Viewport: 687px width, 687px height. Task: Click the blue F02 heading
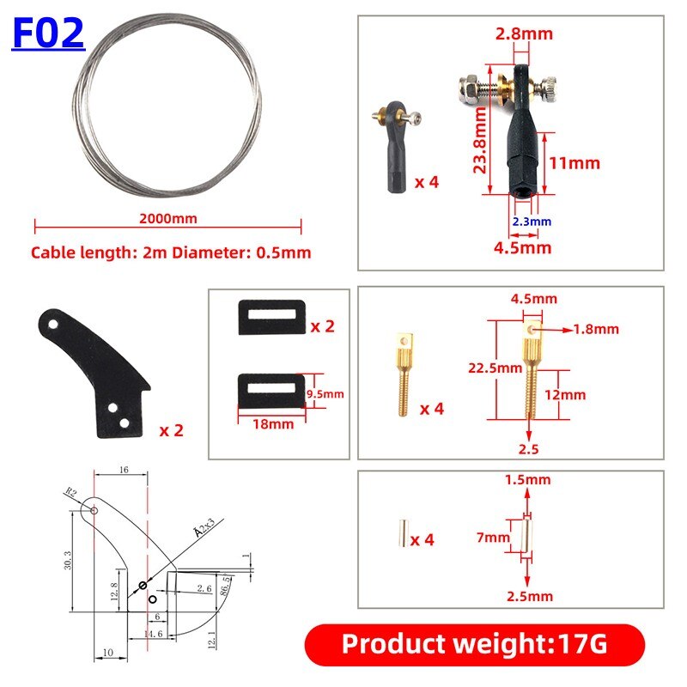tap(48, 33)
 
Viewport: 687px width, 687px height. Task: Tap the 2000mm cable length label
tap(167, 218)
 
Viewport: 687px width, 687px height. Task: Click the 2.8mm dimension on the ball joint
tap(524, 33)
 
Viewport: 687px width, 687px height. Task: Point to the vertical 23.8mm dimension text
tap(480, 140)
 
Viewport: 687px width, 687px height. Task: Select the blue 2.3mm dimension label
tap(532, 222)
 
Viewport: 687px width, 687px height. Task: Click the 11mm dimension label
tap(575, 163)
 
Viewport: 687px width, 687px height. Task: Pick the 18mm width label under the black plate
tap(273, 423)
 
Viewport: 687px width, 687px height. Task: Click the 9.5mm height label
tap(325, 393)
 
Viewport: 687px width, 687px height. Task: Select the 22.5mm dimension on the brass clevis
tap(495, 368)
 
